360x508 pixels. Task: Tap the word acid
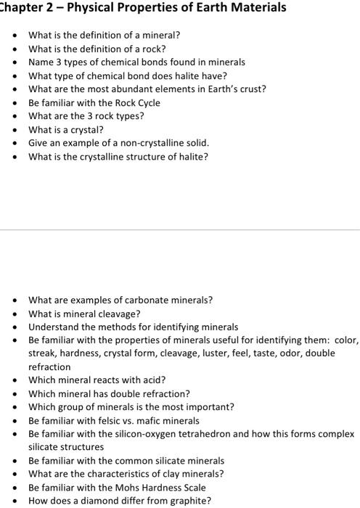point(154,380)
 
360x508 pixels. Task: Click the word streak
point(43,353)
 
